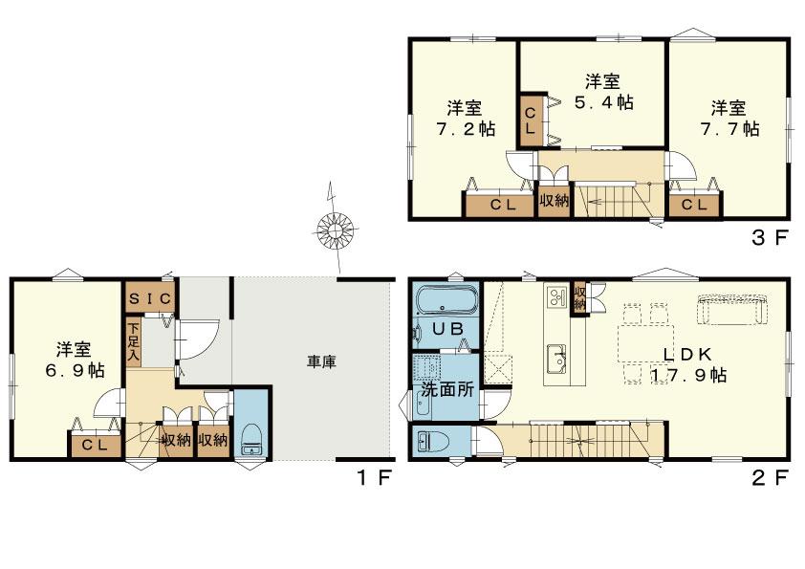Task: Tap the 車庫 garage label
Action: click(321, 362)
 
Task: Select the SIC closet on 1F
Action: click(150, 297)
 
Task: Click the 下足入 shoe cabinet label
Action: click(134, 341)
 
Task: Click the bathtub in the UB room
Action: click(446, 300)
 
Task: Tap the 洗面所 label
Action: click(447, 389)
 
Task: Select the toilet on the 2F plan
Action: click(433, 442)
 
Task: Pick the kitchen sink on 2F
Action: click(556, 360)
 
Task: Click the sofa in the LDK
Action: click(732, 309)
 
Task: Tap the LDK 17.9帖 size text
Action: click(688, 375)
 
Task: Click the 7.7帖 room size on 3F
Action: click(729, 128)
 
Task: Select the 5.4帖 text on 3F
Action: click(604, 102)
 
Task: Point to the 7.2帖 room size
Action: click(466, 128)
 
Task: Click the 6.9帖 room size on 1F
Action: click(75, 370)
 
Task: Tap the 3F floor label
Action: click(769, 238)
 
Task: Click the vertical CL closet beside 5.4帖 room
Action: click(531, 120)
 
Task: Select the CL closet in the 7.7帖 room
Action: click(694, 205)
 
